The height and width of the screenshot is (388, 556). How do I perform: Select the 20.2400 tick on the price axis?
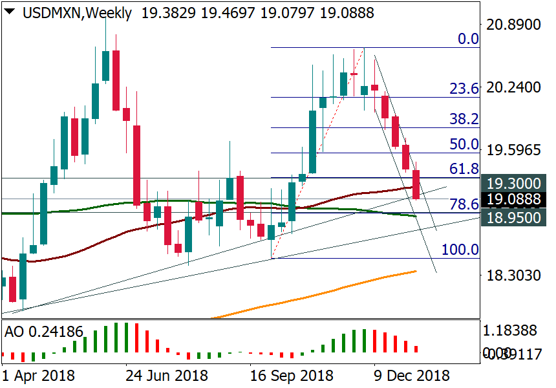click(x=516, y=87)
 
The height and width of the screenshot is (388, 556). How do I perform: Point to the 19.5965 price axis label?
click(x=516, y=150)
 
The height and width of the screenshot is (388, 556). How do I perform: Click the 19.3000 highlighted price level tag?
click(x=516, y=184)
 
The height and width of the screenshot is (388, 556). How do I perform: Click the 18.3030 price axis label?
click(x=516, y=275)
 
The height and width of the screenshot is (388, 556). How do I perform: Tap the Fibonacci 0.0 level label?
click(x=468, y=39)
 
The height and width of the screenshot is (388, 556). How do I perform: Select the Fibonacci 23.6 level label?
click(x=465, y=89)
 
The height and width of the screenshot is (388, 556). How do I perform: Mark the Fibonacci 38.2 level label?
click(x=465, y=119)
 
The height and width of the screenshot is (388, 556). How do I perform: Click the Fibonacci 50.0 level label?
click(x=465, y=144)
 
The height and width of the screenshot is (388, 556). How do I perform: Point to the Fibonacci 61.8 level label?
click(x=465, y=169)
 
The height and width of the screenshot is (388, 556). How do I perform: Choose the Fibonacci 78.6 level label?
click(x=465, y=204)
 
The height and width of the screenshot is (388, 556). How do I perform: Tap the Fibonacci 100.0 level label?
click(x=460, y=250)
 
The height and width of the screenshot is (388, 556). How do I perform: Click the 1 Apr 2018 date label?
click(x=38, y=376)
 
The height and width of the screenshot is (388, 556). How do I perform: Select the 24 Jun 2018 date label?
click(x=166, y=376)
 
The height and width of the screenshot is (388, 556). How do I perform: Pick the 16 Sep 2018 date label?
click(x=292, y=376)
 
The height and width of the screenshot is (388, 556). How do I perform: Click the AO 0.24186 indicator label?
click(x=44, y=332)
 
